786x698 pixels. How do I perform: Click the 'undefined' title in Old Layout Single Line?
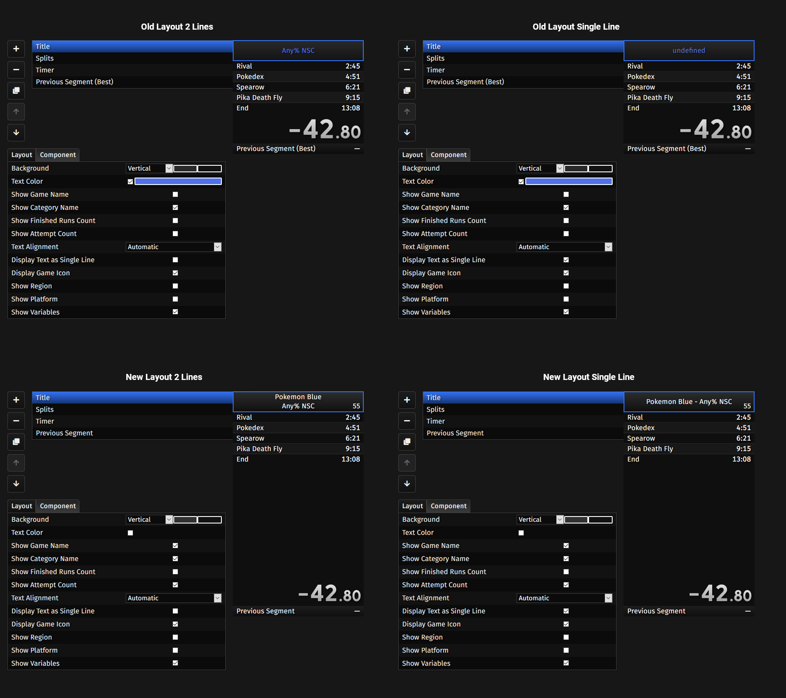click(x=689, y=51)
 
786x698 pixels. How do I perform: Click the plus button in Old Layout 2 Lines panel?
click(x=16, y=48)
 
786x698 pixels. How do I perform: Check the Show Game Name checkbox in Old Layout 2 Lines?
click(x=175, y=195)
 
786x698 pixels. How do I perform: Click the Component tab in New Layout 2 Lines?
click(x=58, y=506)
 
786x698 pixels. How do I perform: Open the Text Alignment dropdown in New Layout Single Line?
click(x=565, y=598)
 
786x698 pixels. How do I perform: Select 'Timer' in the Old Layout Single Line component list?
click(x=436, y=70)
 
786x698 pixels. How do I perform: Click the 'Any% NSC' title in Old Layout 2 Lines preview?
click(x=298, y=51)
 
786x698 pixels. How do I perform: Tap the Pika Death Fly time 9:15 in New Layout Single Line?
click(x=743, y=449)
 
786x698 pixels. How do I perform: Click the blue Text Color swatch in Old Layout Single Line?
click(x=569, y=181)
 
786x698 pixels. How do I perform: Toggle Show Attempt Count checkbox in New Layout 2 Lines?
click(x=175, y=585)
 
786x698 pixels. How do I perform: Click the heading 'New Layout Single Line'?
click(x=588, y=377)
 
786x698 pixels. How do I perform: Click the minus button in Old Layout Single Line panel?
click(x=407, y=69)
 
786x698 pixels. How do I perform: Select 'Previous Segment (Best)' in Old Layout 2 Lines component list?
click(x=75, y=82)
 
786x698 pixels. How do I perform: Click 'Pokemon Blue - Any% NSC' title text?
click(x=689, y=402)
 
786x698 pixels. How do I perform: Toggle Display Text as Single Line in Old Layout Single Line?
click(x=566, y=260)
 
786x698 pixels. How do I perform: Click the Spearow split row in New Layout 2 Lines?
click(x=298, y=438)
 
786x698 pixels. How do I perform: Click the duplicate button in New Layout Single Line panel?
click(x=407, y=441)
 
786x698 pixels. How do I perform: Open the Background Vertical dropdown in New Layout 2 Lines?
click(x=149, y=520)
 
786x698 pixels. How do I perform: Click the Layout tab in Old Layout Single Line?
click(x=412, y=155)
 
